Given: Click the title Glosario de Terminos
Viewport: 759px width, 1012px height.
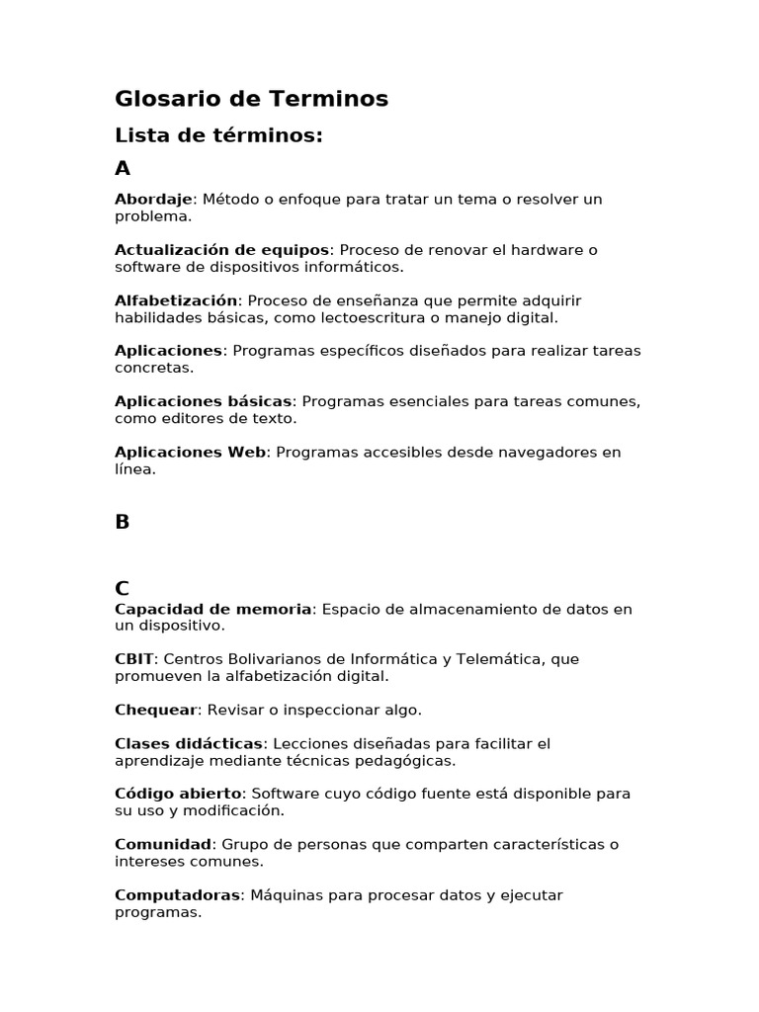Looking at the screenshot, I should (251, 99).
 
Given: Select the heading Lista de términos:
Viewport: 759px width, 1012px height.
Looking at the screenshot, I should (218, 135).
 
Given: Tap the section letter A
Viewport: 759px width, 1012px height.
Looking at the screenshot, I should (123, 169).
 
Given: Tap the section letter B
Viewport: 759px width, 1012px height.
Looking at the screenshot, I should (123, 523).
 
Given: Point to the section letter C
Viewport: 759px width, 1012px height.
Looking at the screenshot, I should (123, 589).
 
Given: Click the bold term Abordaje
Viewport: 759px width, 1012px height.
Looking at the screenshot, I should (153, 200).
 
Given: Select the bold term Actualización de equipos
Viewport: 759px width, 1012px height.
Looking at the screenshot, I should (221, 250).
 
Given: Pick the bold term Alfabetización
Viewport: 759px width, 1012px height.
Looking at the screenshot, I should (176, 300).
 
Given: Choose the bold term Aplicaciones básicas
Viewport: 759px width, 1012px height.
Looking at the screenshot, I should (203, 401).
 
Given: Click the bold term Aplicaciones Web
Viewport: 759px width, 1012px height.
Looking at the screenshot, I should (190, 453).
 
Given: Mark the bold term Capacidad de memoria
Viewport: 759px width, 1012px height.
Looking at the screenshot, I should (212, 609).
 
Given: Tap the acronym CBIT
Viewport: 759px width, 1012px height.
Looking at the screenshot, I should (134, 659).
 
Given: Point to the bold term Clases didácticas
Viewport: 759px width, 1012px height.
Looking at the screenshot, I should (189, 743).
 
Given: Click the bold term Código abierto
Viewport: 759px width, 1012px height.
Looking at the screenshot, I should (178, 794).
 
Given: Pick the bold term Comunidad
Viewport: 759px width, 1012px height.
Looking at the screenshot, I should (163, 844).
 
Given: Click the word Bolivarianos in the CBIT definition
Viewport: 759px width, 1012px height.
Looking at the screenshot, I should (264, 659).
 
